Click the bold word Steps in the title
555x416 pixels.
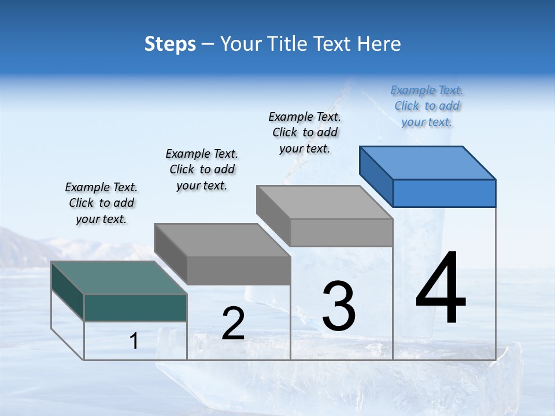tap(170, 44)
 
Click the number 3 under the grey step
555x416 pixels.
tap(339, 306)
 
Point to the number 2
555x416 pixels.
tap(233, 324)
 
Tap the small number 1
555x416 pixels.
tap(134, 341)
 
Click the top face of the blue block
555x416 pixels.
tap(428, 162)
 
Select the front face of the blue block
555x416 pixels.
tap(444, 193)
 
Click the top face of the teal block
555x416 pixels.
tap(119, 278)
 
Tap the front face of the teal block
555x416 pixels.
tap(135, 307)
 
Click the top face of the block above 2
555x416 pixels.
tap(222, 240)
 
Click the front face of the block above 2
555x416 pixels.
tap(238, 270)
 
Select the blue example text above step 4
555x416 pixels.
tap(427, 106)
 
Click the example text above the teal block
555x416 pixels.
tap(101, 203)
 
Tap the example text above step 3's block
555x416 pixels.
tap(305, 132)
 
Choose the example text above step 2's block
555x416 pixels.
tap(202, 169)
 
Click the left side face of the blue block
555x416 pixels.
tap(376, 176)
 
